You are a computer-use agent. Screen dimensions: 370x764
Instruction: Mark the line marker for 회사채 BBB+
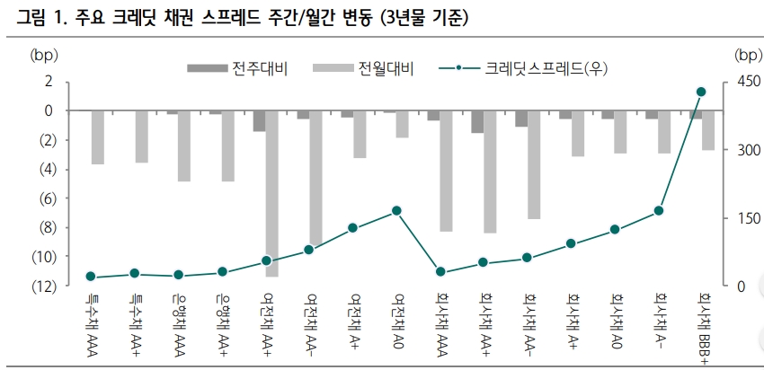[x=701, y=92]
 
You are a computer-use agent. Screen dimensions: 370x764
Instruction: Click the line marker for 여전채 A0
[x=396, y=210]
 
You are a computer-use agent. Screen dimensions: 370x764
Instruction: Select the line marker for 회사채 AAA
[x=440, y=271]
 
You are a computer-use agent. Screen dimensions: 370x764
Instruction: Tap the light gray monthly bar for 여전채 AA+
[x=271, y=193]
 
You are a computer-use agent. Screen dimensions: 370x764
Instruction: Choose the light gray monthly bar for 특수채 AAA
[x=98, y=137]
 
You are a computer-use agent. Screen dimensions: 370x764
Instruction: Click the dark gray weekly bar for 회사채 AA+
[x=477, y=121]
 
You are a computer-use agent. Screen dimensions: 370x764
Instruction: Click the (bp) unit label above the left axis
[x=42, y=55]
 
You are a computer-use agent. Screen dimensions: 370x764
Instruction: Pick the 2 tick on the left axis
[x=50, y=82]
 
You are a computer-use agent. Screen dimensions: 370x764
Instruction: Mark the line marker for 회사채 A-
[x=658, y=210]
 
